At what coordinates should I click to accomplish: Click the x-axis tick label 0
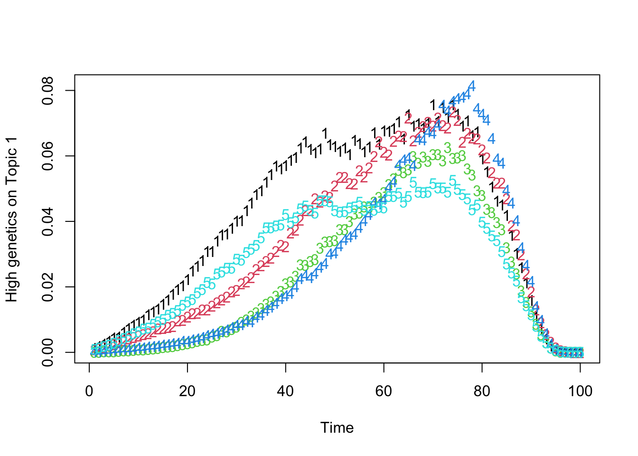pyautogui.click(x=89, y=391)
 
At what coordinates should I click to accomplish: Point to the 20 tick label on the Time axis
pyautogui.click(x=187, y=391)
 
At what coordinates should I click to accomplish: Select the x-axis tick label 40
pyautogui.click(x=285, y=391)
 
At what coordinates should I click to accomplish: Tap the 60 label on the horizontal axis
pyautogui.click(x=384, y=391)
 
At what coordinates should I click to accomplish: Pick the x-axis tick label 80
pyautogui.click(x=482, y=391)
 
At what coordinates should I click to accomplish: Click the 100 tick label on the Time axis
pyautogui.click(x=580, y=391)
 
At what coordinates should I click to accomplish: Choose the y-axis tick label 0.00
pyautogui.click(x=47, y=352)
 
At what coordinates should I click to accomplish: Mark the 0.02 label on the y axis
pyautogui.click(x=47, y=287)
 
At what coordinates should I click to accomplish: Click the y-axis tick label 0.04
pyautogui.click(x=47, y=221)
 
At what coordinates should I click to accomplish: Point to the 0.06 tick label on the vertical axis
pyautogui.click(x=47, y=156)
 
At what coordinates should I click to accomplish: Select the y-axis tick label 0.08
pyautogui.click(x=47, y=91)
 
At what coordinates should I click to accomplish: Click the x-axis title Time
pyautogui.click(x=337, y=427)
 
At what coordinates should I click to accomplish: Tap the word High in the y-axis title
pyautogui.click(x=11, y=287)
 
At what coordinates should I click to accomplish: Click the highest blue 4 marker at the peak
pyautogui.click(x=471, y=86)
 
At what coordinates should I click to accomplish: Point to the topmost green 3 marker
pyautogui.click(x=447, y=148)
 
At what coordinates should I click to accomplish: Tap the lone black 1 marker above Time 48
pyautogui.click(x=325, y=133)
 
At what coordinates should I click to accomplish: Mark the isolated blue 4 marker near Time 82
pyautogui.click(x=491, y=139)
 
